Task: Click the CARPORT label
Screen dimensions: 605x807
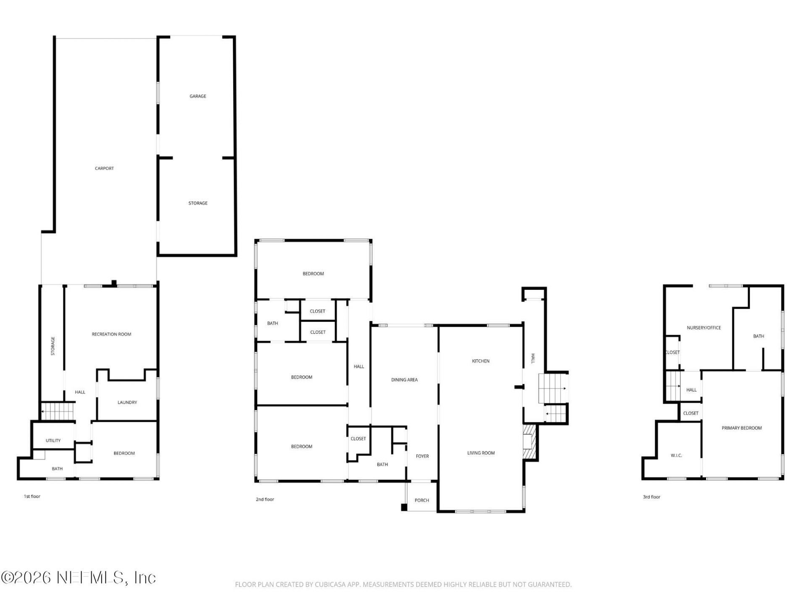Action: pyautogui.click(x=104, y=168)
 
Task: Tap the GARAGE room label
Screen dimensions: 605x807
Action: pyautogui.click(x=198, y=96)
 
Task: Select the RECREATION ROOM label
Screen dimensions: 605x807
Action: pyautogui.click(x=111, y=334)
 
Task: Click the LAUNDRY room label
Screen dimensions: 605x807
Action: pyautogui.click(x=127, y=402)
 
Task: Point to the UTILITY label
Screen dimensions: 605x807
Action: pyautogui.click(x=53, y=441)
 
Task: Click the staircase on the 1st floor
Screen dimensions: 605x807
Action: pyautogui.click(x=58, y=411)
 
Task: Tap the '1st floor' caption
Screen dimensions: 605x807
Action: pyautogui.click(x=32, y=497)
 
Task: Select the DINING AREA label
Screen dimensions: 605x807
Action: pyautogui.click(x=404, y=380)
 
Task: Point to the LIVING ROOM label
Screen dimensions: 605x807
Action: pyautogui.click(x=481, y=453)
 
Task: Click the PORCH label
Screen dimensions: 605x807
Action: pyautogui.click(x=422, y=500)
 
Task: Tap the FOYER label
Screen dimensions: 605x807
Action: pyautogui.click(x=422, y=456)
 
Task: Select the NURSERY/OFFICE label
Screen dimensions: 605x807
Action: pyautogui.click(x=704, y=328)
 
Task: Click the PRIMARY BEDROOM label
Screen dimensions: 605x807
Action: pyautogui.click(x=741, y=428)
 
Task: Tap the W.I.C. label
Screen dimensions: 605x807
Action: pyautogui.click(x=676, y=455)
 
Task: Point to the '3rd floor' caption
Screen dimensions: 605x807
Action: pyautogui.click(x=651, y=497)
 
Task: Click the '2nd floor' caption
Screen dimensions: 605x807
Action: pyautogui.click(x=265, y=500)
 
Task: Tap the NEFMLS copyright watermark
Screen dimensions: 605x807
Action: pyautogui.click(x=78, y=578)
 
